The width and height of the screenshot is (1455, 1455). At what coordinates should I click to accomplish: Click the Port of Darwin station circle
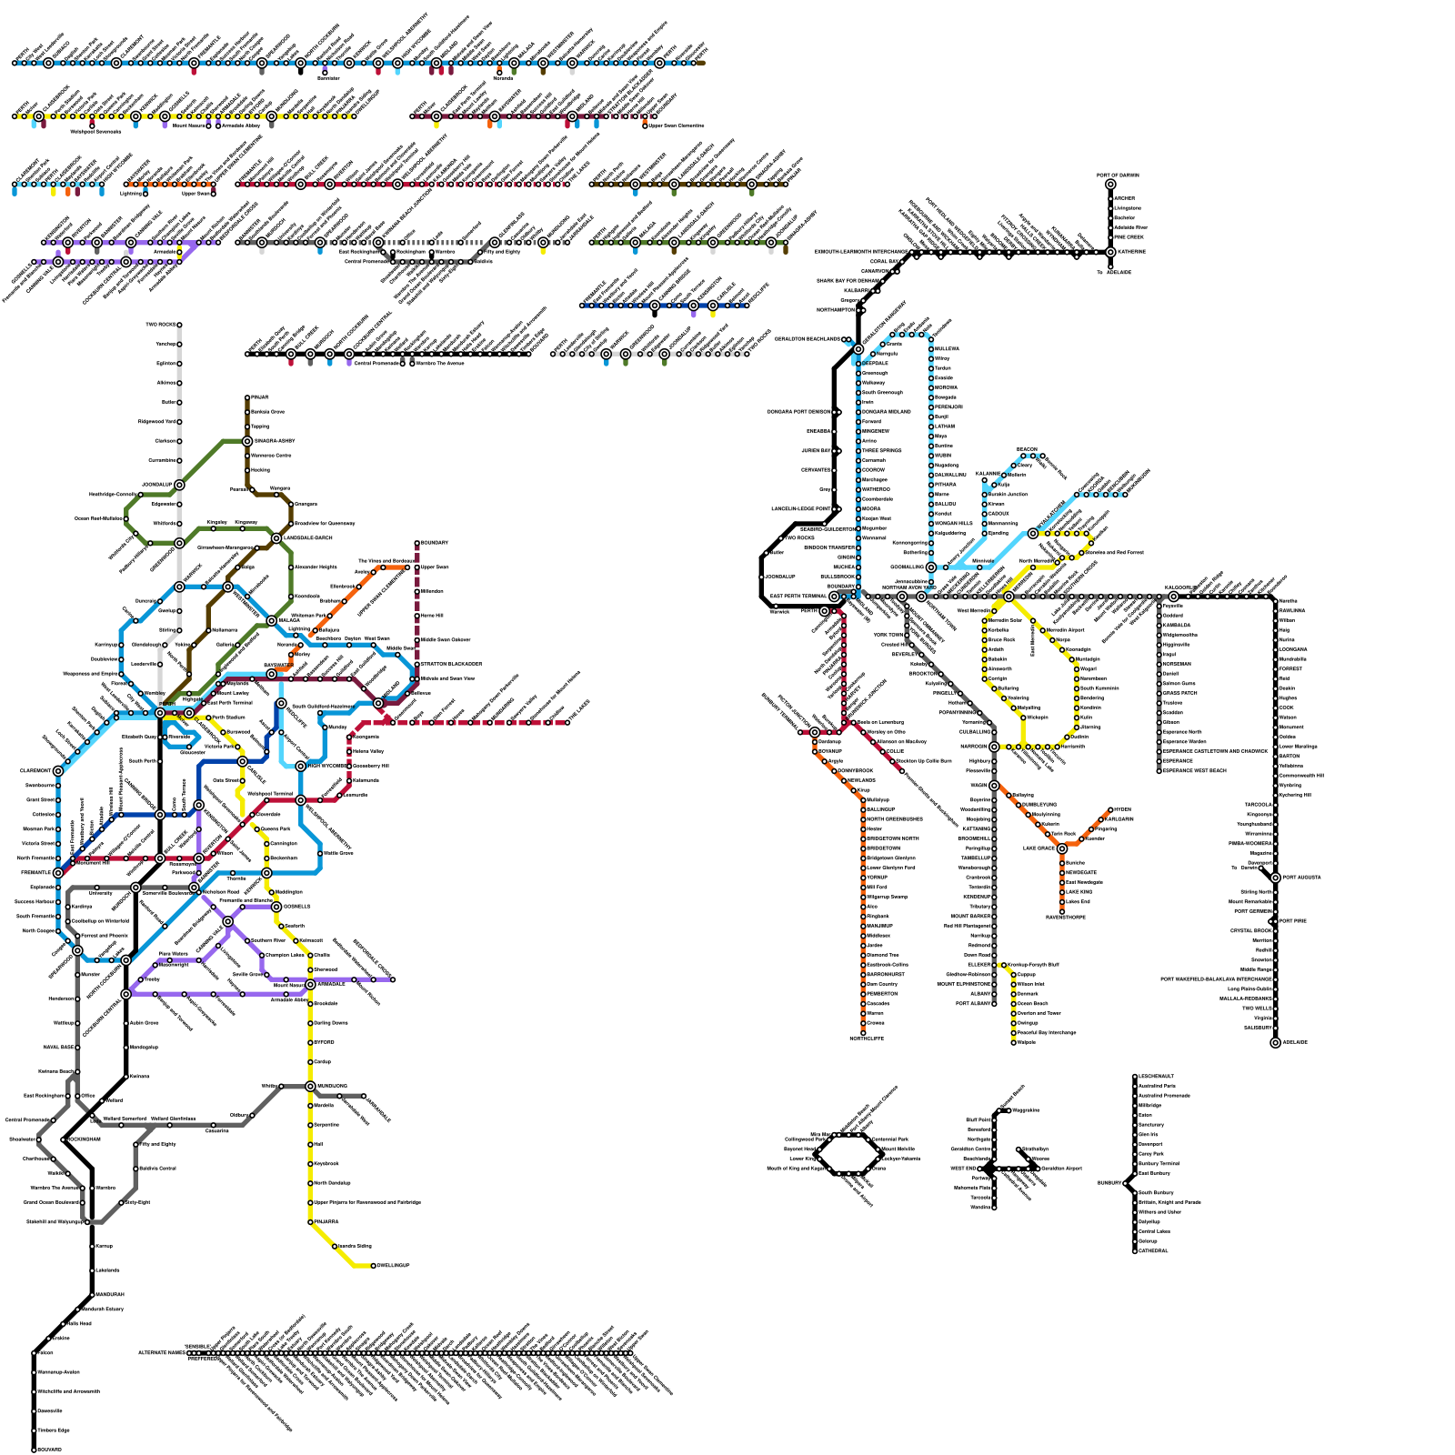pos(1110,185)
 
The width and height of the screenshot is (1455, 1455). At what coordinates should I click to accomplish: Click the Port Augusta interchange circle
pos(1275,878)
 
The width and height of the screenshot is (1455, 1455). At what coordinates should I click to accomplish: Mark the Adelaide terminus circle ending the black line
pos(1275,1042)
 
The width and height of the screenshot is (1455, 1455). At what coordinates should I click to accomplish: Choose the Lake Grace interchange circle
pos(1061,848)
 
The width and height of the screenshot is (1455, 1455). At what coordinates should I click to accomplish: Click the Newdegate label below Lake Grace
pos(1082,872)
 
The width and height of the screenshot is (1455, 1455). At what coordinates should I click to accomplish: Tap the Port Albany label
pos(973,1004)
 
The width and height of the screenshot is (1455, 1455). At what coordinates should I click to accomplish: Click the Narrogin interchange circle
pos(994,747)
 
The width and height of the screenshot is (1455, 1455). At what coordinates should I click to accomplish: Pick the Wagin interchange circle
pos(994,786)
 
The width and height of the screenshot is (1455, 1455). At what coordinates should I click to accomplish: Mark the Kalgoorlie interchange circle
pos(1173,597)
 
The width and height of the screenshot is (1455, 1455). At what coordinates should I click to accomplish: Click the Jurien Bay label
pos(816,450)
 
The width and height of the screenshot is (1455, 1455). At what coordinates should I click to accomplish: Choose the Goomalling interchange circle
pos(930,567)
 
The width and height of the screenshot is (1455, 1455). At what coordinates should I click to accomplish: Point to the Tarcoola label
pos(1259,805)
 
